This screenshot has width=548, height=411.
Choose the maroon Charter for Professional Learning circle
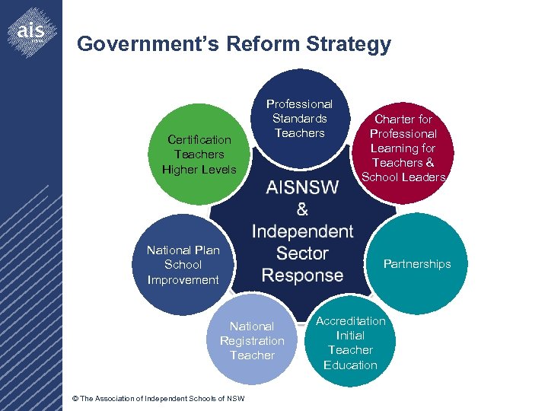[403, 148]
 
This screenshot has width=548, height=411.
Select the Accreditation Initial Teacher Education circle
[350, 342]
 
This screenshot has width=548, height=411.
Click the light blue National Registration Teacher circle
[252, 341]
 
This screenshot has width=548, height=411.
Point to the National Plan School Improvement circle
[183, 265]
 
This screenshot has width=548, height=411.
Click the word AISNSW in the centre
[302, 188]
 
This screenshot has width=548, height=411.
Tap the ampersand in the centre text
[302, 209]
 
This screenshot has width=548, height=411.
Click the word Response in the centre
[302, 275]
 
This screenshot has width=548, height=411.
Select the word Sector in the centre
[302, 253]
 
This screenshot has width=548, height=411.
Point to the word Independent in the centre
[302, 231]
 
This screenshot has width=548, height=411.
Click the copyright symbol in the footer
[74, 399]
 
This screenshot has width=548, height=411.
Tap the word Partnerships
[417, 264]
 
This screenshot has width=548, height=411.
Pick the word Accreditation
[350, 320]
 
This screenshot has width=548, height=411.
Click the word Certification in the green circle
[199, 139]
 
